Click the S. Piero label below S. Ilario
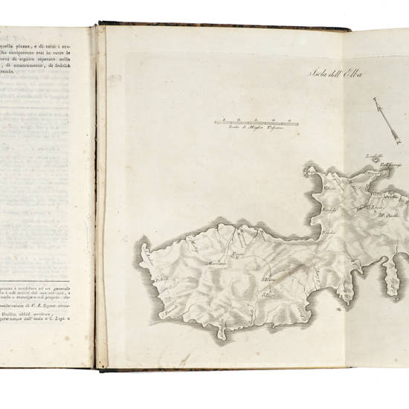coord(268,297)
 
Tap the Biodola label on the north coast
coord(329,210)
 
